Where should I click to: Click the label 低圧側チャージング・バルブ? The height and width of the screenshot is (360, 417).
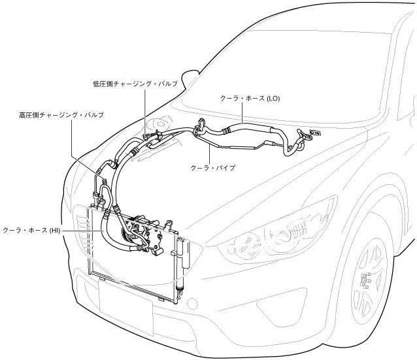tap(136, 84)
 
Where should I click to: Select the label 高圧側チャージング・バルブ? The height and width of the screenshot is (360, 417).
tap(61, 114)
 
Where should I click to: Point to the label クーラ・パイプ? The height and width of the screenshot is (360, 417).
tap(212, 167)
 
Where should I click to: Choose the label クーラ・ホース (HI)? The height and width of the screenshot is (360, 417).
tap(31, 231)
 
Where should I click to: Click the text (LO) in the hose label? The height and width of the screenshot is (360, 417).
tap(273, 97)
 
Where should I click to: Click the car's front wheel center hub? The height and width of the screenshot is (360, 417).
tap(367, 282)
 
